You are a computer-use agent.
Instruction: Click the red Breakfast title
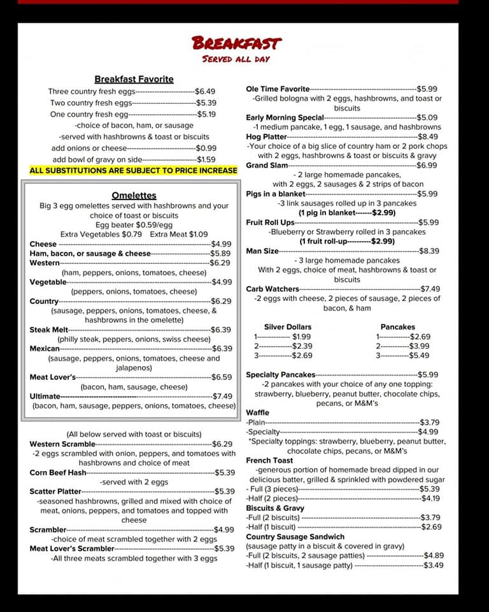(236, 43)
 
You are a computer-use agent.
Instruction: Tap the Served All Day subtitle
(236, 59)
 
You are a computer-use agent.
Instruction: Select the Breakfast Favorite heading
(134, 79)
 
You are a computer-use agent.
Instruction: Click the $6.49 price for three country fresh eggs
(205, 91)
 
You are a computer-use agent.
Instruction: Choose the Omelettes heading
(134, 196)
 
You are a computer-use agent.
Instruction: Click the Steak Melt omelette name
(49, 330)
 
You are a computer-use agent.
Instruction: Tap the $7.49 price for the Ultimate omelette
(222, 396)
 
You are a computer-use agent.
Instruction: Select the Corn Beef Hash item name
(58, 472)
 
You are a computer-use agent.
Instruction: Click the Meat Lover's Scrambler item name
(72, 548)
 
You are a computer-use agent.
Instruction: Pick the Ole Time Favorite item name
(278, 89)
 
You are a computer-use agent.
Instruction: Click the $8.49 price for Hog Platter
(428, 136)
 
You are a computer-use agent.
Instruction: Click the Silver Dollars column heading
(288, 326)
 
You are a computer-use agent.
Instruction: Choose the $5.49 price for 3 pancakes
(420, 356)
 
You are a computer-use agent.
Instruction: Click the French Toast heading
(269, 460)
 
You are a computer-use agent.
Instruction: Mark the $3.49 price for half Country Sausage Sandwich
(434, 565)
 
